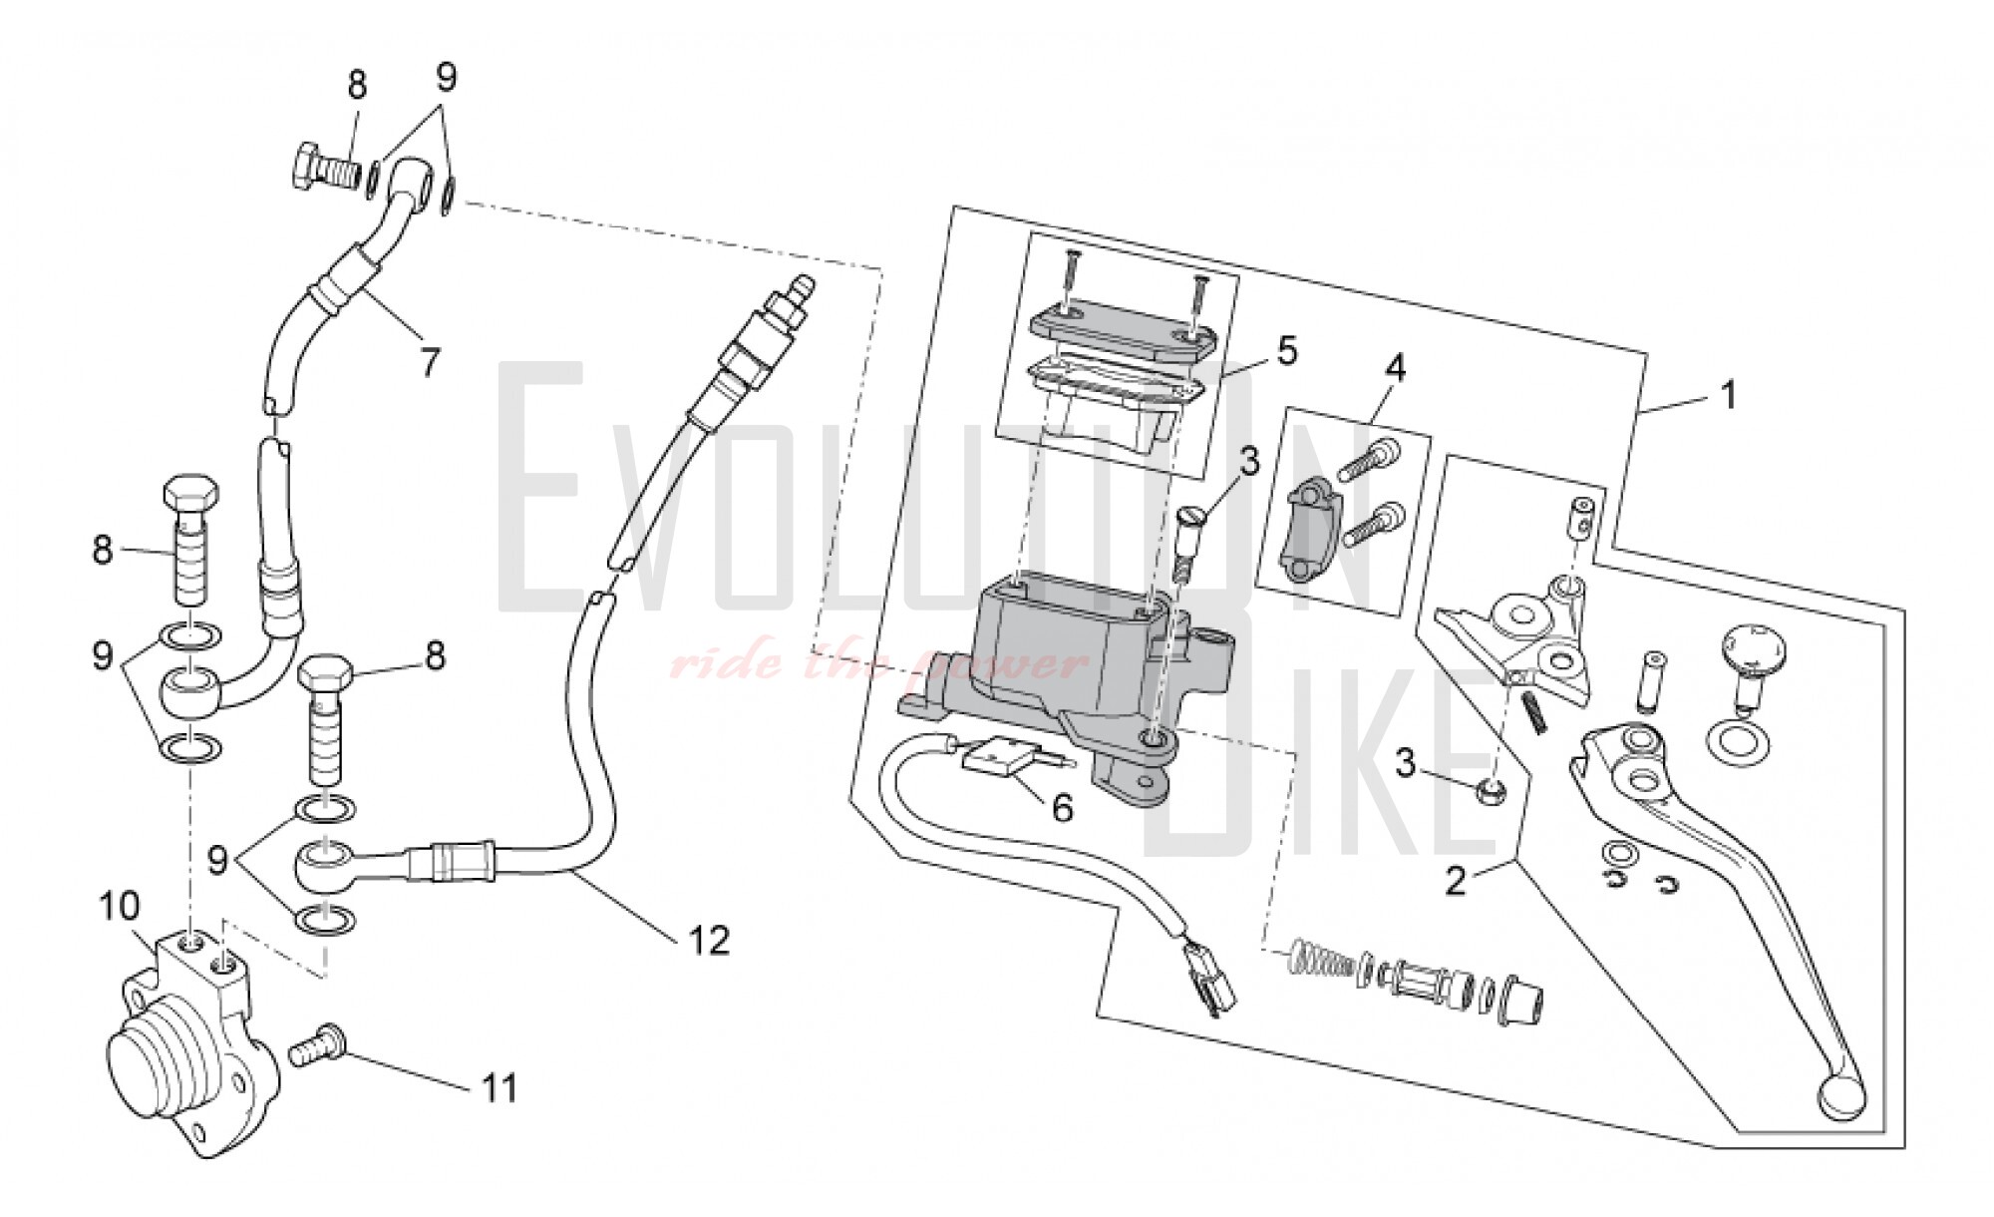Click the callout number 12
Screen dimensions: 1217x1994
[x=709, y=940]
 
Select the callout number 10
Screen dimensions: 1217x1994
[x=120, y=908]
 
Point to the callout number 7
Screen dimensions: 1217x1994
[x=430, y=362]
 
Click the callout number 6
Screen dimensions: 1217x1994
[x=1062, y=808]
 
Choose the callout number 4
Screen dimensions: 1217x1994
[x=1395, y=368]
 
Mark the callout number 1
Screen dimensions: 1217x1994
[x=1728, y=395]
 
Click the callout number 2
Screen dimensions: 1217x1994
[x=1457, y=882]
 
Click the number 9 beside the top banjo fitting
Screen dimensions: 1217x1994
[x=446, y=76]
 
